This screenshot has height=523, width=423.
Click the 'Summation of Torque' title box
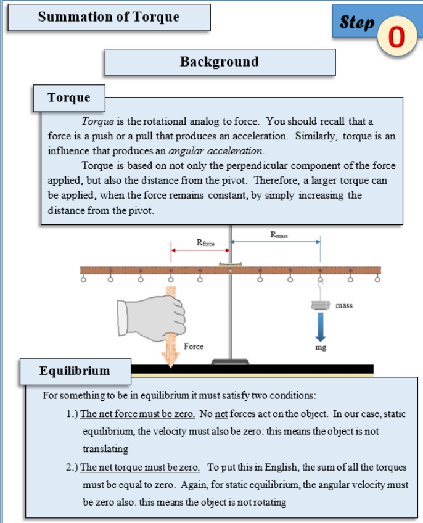[109, 17]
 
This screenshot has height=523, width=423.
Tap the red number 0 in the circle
[396, 36]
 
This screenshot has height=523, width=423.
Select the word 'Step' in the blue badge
[357, 23]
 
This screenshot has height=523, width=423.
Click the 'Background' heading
[220, 62]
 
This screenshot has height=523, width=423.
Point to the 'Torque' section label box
[69, 97]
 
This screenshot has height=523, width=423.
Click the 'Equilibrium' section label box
[75, 371]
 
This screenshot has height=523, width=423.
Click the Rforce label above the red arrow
[205, 243]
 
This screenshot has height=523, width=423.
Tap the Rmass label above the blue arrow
[279, 234]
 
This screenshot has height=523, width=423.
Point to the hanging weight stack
[320, 305]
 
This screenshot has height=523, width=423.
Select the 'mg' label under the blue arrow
[320, 348]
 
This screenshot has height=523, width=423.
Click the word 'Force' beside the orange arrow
[193, 347]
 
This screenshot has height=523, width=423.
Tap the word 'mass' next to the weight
[344, 305]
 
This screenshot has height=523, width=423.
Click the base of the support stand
[230, 361]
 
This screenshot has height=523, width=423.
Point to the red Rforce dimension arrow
[200, 250]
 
